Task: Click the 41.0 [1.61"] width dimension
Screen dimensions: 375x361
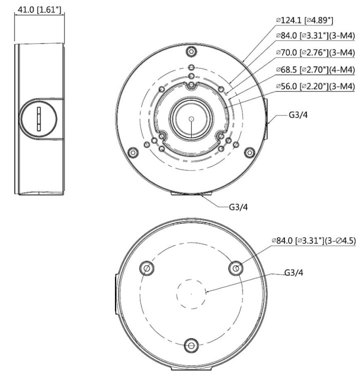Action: (39, 10)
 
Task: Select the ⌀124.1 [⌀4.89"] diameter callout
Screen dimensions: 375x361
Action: (304, 20)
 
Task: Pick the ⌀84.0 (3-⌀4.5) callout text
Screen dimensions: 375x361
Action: (313, 240)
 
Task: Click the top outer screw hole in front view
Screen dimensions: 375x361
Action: (190, 51)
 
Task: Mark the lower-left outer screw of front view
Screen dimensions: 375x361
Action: (132, 151)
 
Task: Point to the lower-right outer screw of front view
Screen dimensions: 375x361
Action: (248, 151)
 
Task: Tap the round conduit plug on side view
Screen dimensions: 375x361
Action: (38, 118)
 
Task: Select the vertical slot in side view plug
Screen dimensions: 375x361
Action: (38, 119)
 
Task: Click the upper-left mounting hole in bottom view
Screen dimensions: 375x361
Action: (146, 268)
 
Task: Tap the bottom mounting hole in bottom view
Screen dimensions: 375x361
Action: (190, 345)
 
